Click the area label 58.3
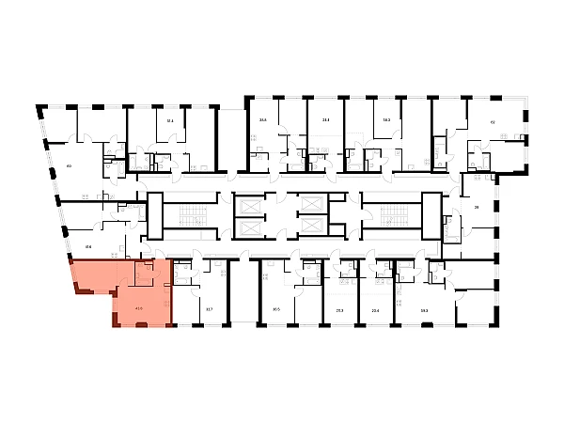(386, 120)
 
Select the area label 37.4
(325, 120)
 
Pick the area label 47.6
(88, 247)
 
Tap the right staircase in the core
(389, 215)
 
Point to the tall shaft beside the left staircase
(155, 215)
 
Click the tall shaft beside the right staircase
(431, 215)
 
